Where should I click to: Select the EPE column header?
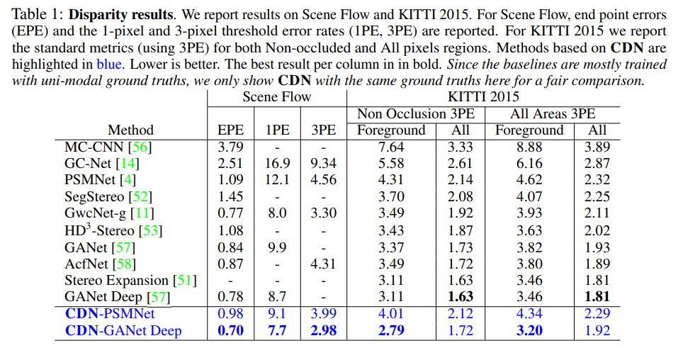230,130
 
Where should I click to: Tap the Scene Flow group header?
276,96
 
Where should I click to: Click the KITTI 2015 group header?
483,96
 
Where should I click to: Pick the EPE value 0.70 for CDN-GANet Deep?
230,330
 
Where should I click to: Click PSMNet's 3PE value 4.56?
324,180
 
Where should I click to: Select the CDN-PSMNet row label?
110,313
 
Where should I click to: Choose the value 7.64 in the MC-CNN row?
392,147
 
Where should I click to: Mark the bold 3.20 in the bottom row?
529,330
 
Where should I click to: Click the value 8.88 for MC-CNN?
529,147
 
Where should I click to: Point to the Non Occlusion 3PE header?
415,113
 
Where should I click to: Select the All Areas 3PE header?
553,113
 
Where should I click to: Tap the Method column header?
130,130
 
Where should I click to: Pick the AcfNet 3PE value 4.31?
324,264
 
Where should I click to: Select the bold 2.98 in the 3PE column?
324,330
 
